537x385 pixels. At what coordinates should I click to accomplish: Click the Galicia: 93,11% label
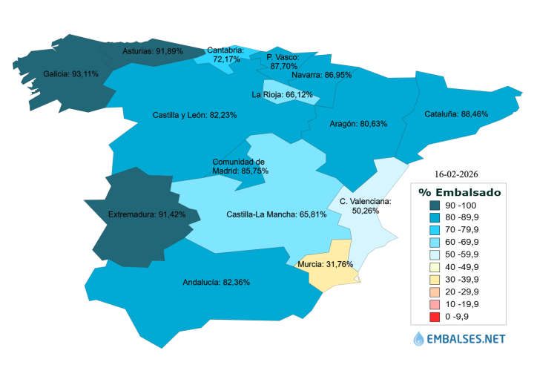click(x=71, y=74)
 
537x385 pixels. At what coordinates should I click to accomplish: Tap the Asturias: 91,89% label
click(x=152, y=52)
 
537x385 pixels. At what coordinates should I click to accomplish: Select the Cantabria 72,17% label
click(x=225, y=54)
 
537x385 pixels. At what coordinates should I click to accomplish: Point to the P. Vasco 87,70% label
click(x=283, y=62)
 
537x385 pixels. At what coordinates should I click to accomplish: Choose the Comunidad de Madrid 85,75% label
click(x=240, y=166)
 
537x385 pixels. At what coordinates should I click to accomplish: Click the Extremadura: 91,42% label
click(x=142, y=215)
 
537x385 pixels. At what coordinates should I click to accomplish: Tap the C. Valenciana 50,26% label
click(x=365, y=205)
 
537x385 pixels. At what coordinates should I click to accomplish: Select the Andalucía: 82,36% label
click(x=216, y=283)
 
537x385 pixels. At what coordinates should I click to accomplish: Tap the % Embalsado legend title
click(x=459, y=192)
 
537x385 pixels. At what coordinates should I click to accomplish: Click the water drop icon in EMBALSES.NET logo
click(x=421, y=339)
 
